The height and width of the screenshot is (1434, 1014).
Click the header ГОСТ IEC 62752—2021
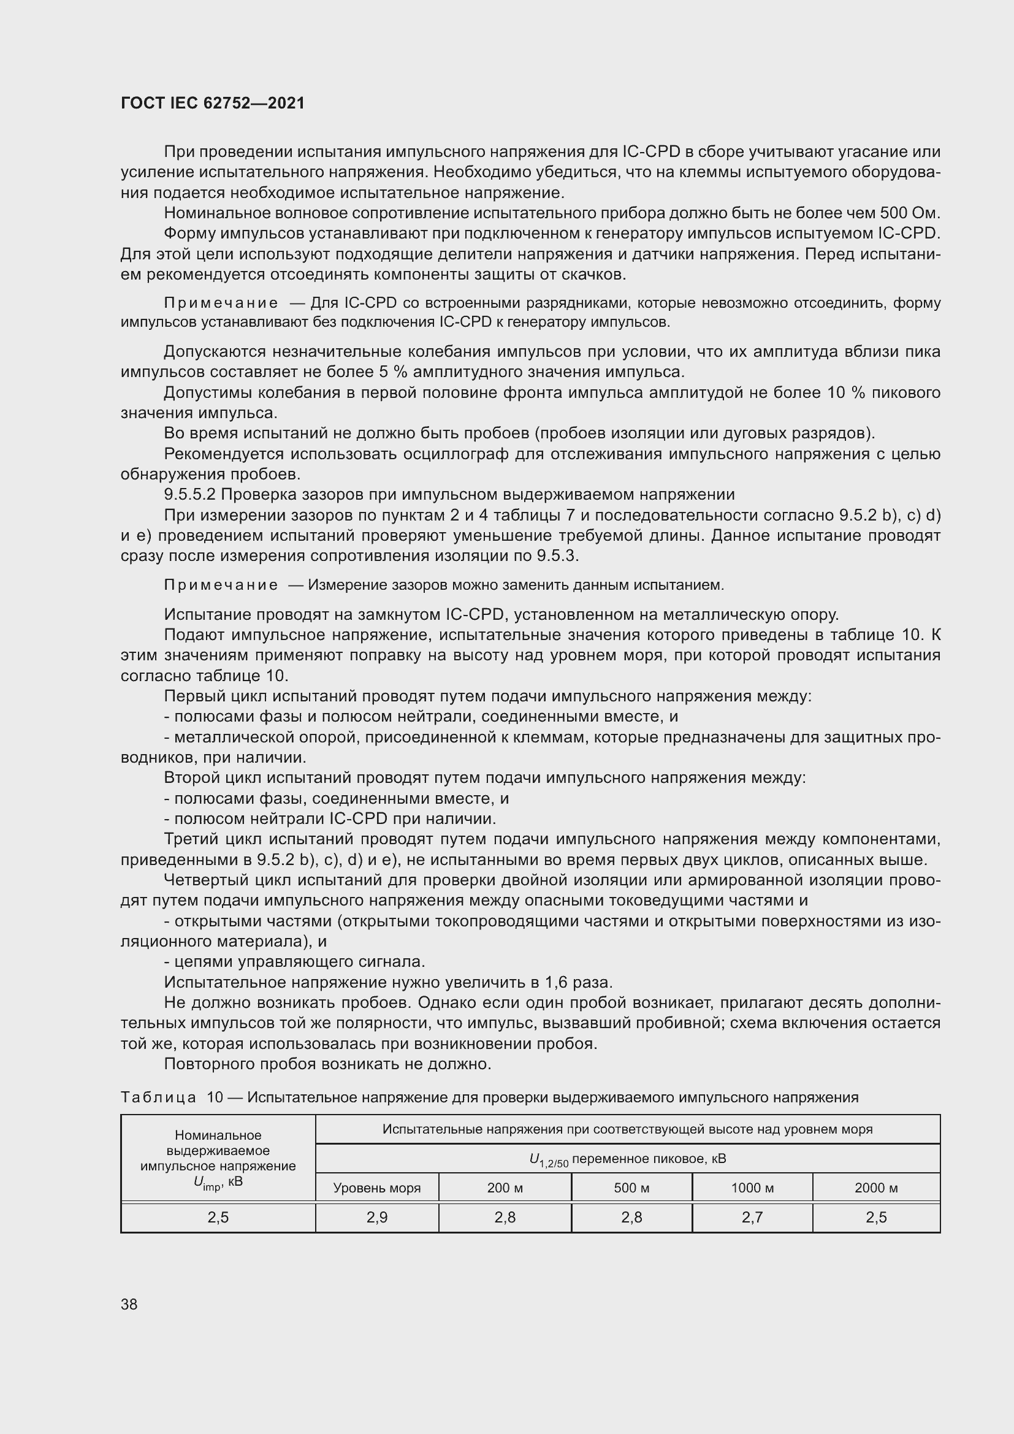pos(212,103)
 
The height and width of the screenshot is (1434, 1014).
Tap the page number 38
pos(129,1304)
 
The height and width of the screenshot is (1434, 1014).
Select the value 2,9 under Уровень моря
pos(377,1218)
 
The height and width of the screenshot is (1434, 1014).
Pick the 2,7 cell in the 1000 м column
pos(752,1218)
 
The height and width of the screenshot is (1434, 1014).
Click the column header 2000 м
pos(875,1188)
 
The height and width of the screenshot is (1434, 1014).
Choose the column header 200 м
pos(505,1188)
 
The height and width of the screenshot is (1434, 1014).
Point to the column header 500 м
pos(631,1188)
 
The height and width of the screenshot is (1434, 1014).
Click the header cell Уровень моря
pos(376,1188)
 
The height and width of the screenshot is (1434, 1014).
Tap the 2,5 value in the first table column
pos(218,1218)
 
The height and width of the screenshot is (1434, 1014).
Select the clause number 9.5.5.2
pos(189,495)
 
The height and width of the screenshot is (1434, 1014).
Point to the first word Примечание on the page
pos(221,303)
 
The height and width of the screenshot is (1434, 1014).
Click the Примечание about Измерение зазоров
pos(221,585)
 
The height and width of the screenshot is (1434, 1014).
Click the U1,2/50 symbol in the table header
pos(548,1160)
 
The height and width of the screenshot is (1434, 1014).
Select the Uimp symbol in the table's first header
pos(207,1181)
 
